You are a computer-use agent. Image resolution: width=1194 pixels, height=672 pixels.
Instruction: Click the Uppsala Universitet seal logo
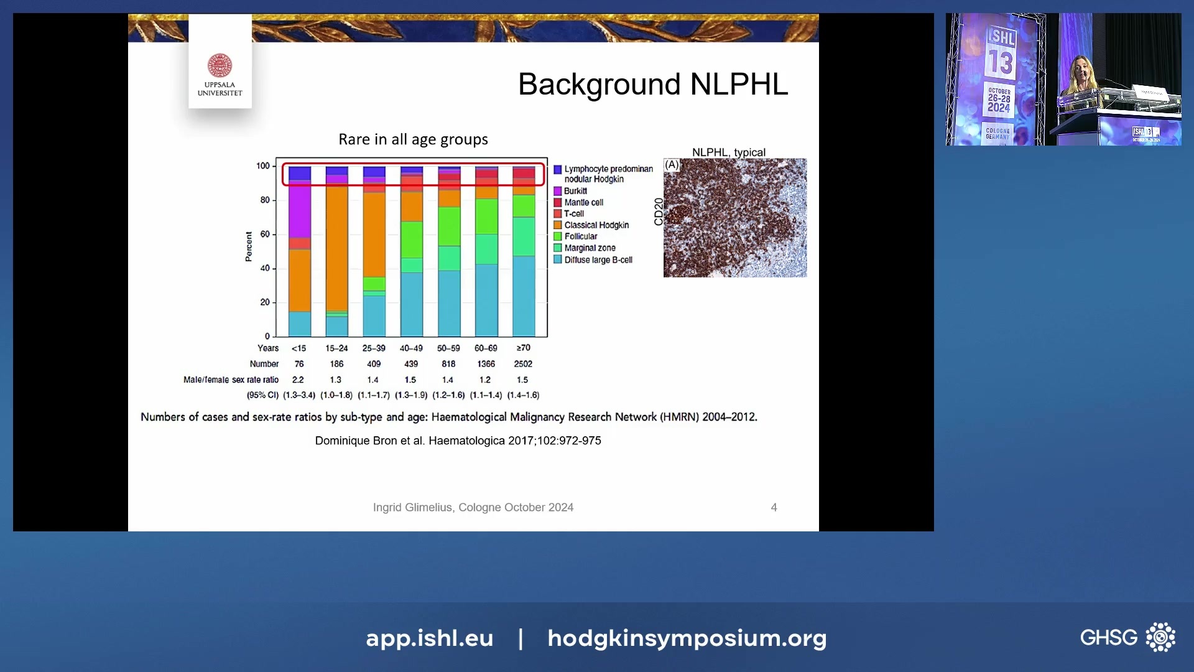point(220,65)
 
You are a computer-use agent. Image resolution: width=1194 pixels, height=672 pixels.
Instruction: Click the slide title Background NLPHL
point(652,84)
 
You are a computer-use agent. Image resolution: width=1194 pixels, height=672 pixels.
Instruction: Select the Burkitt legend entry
point(575,191)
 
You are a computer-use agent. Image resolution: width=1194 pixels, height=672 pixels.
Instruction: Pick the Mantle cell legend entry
point(583,202)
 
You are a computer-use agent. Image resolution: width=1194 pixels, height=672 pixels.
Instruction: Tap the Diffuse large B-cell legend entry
point(598,260)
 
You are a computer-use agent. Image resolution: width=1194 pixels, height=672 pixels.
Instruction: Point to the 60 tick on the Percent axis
point(265,235)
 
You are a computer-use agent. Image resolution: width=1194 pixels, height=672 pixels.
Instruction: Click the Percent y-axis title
point(249,246)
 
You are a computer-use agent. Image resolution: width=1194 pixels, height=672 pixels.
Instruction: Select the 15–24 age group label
point(336,348)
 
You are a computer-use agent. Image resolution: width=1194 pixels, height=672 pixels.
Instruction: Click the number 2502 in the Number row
point(523,364)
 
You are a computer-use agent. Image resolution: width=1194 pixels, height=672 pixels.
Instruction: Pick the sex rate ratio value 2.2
point(298,380)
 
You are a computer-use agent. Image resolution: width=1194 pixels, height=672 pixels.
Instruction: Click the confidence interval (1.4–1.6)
point(523,395)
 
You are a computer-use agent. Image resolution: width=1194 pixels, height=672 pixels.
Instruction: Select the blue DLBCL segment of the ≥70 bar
point(523,296)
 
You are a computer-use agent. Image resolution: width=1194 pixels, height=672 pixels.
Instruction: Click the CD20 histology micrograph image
point(734,218)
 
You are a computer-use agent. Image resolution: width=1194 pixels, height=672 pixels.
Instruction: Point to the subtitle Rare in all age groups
point(413,139)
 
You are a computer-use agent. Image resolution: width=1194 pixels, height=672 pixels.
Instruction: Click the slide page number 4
point(774,508)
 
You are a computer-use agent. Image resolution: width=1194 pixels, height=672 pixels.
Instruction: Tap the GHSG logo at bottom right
point(1127,637)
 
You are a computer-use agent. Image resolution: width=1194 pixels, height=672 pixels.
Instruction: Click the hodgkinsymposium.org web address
point(687,638)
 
